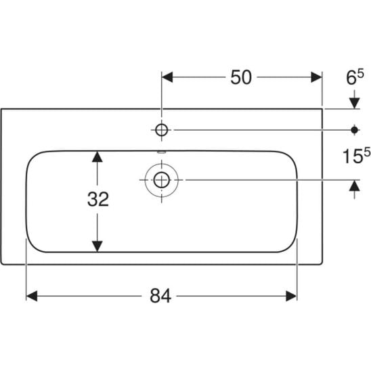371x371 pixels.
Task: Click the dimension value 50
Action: click(241, 77)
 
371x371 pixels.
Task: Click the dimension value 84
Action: click(160, 296)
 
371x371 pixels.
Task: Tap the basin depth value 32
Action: click(98, 199)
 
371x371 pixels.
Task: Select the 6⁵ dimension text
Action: click(355, 78)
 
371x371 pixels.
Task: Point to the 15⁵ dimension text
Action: click(356, 156)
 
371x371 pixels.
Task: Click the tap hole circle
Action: click(162, 130)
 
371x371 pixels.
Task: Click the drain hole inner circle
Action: click(162, 180)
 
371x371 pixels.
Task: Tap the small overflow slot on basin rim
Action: click(162, 152)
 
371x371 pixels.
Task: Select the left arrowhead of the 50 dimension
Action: click(167, 77)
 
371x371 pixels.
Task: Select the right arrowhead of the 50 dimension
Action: click(316, 77)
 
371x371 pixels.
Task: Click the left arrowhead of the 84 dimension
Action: click(32, 296)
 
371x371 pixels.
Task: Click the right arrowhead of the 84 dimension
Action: click(291, 296)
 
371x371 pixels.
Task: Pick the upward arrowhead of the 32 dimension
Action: click(97, 156)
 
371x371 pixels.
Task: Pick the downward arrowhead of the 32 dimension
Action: click(97, 246)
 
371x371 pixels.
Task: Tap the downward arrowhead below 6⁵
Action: click(355, 103)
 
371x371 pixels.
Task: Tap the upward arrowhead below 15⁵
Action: click(355, 185)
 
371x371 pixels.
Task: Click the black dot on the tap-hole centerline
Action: click(355, 130)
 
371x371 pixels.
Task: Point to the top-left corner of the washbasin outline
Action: click(1, 109)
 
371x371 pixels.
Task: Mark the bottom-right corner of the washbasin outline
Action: click(322, 263)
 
